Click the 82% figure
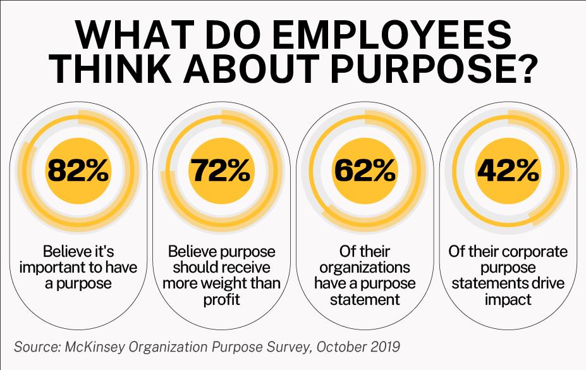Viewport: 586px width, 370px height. click(79, 170)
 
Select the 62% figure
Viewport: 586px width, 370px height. click(365, 170)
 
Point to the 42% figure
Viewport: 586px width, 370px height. click(508, 170)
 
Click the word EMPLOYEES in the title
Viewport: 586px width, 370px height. click(393, 37)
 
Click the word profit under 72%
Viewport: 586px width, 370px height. click(222, 299)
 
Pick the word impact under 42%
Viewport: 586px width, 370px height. click(508, 299)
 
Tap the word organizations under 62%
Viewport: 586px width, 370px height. click(365, 267)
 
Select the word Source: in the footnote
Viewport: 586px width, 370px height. click(37, 347)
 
